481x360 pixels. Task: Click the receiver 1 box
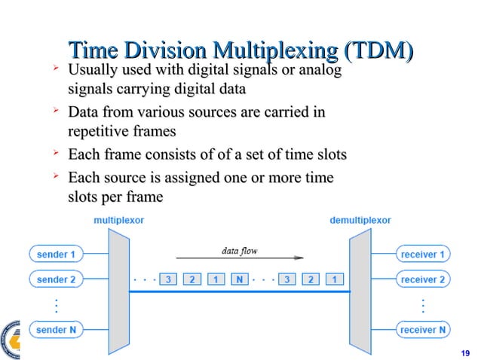click(421, 255)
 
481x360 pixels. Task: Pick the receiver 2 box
click(421, 279)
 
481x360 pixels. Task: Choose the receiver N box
click(421, 329)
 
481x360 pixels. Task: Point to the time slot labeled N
click(240, 279)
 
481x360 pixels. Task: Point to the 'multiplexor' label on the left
click(118, 220)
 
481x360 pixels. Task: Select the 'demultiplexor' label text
click(360, 220)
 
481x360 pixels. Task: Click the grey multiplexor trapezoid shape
click(119, 291)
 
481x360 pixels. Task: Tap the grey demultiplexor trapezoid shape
click(360, 291)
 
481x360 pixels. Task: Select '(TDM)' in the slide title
click(377, 51)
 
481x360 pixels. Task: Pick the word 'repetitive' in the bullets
click(93, 130)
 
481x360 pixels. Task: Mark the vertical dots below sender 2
click(57, 305)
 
